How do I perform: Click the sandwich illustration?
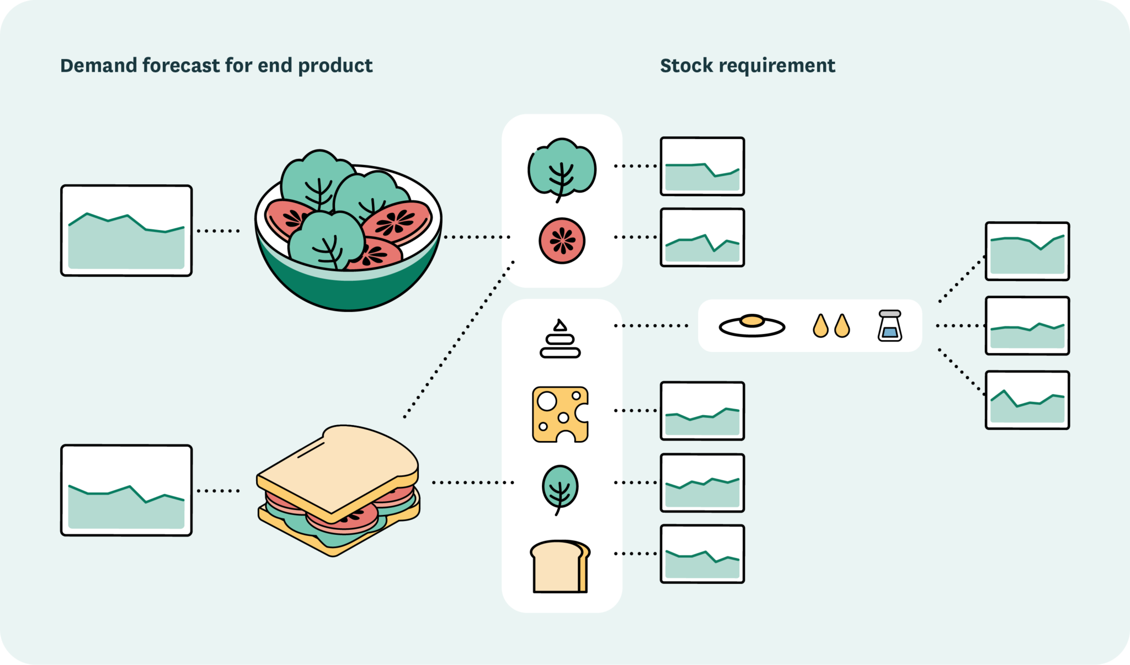point(338,490)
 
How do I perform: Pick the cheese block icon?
point(560,414)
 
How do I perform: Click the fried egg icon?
point(751,325)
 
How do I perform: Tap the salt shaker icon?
point(889,325)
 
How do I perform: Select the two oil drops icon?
point(831,326)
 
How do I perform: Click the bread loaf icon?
point(559,566)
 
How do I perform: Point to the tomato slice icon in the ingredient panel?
point(562,240)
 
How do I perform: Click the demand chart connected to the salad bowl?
point(126,230)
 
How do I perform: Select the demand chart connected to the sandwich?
point(126,490)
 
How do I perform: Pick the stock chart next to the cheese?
point(702,411)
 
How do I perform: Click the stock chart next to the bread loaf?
point(702,554)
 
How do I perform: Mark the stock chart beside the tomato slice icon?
point(702,237)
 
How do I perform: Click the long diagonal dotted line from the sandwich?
point(458,340)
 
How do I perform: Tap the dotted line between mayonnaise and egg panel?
point(651,326)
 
